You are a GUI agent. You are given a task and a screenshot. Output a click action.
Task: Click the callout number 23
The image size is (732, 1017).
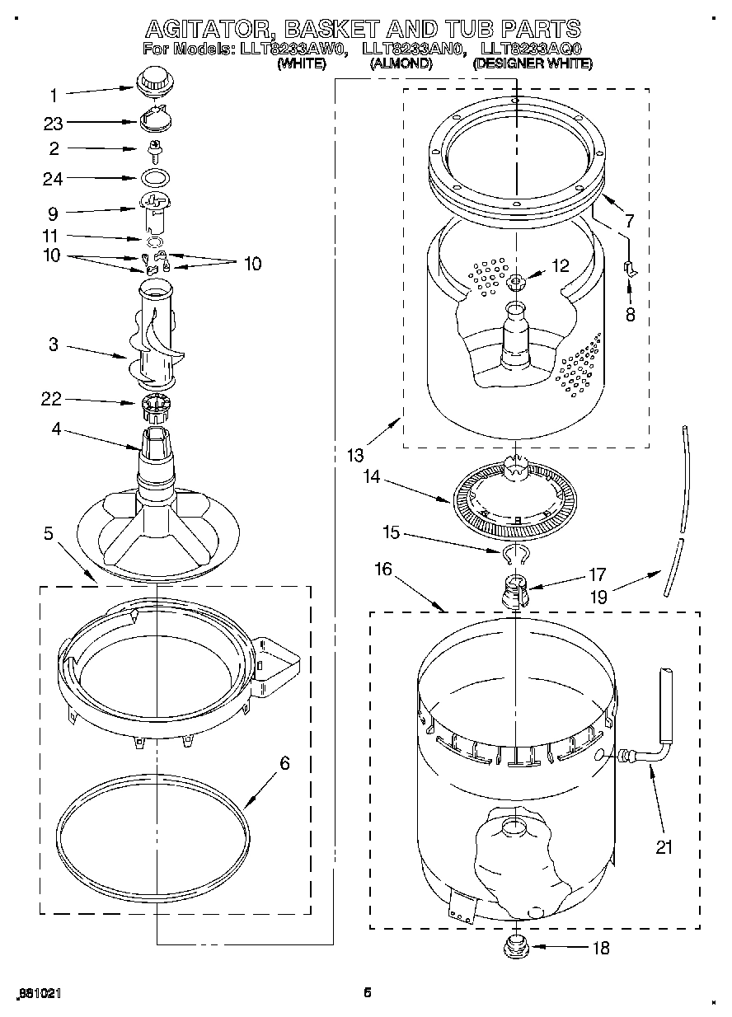click(x=53, y=123)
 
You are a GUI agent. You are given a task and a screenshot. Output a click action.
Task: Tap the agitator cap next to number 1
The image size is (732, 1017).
click(x=153, y=82)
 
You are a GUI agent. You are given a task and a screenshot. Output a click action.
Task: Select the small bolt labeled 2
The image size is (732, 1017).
click(x=153, y=149)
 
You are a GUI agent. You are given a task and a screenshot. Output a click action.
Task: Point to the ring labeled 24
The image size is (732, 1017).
click(x=153, y=177)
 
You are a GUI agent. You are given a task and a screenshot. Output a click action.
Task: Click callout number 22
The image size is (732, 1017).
click(x=53, y=400)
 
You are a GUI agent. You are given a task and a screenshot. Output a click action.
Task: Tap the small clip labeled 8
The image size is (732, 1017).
click(x=629, y=268)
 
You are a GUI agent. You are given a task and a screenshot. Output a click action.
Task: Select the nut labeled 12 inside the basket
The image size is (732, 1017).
click(x=515, y=283)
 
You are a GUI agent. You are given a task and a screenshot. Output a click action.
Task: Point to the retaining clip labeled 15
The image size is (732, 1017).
click(x=514, y=553)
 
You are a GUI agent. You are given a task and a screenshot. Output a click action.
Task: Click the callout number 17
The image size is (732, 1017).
click(x=598, y=574)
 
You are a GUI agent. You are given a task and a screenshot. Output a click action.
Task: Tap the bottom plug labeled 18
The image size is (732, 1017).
click(x=516, y=945)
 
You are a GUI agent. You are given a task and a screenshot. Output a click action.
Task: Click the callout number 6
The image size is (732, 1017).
click(x=284, y=763)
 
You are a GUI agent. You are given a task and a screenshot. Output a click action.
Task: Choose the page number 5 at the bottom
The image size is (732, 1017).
click(x=368, y=993)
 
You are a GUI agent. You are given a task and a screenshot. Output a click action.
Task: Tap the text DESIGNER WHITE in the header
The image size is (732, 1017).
click(x=533, y=63)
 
